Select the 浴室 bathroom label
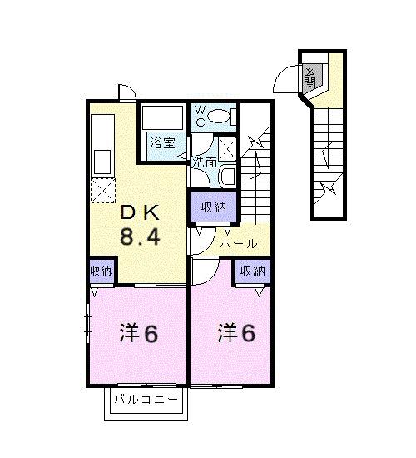162,142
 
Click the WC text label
201,115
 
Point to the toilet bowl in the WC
220,117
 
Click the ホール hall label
238,244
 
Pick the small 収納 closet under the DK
102,271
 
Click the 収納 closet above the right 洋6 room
253,271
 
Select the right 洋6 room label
237,332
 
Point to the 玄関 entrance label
310,77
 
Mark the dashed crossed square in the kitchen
102,192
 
